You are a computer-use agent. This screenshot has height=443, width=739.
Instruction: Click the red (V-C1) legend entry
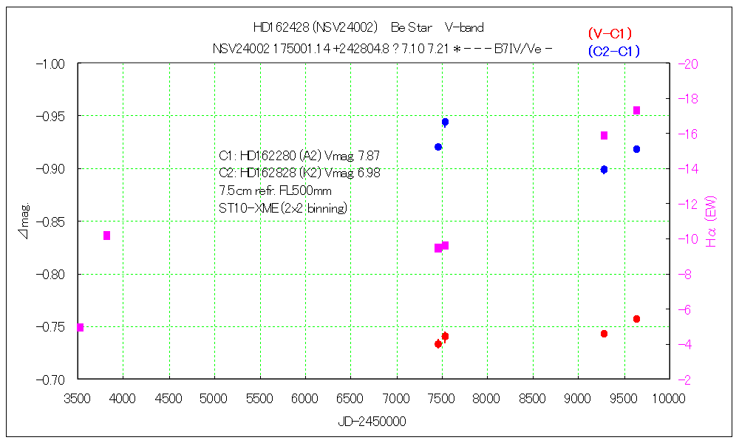click(x=610, y=33)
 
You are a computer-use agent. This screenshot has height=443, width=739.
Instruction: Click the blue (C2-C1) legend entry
click(x=613, y=51)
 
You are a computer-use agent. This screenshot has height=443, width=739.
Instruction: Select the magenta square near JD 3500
click(x=80, y=327)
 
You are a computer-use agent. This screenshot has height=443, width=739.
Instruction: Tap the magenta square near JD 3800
click(x=106, y=236)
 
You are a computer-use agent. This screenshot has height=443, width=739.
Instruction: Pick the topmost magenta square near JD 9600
click(x=636, y=110)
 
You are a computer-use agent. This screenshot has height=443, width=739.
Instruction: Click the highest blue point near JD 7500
click(x=445, y=122)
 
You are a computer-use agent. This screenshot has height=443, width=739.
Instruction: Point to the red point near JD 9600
click(x=636, y=319)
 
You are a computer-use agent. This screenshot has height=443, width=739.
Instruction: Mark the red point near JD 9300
click(x=604, y=334)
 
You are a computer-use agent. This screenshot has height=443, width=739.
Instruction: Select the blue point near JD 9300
click(x=604, y=169)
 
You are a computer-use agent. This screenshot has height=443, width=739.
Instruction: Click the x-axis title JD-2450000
click(x=372, y=422)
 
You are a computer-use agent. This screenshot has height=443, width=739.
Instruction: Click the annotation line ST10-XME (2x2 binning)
click(x=283, y=209)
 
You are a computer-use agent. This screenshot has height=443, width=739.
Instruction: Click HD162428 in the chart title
click(x=282, y=27)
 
